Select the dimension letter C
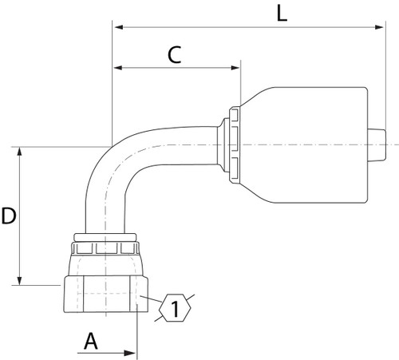pyautogui.click(x=176, y=54)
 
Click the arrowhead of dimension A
pyautogui.click(x=132, y=351)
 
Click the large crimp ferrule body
pyautogui.click(x=303, y=144)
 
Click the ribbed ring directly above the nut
pyautogui.click(x=104, y=237)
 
